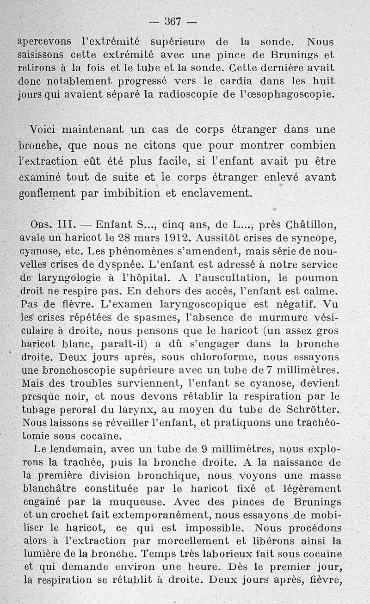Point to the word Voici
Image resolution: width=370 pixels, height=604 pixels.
[45, 129]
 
